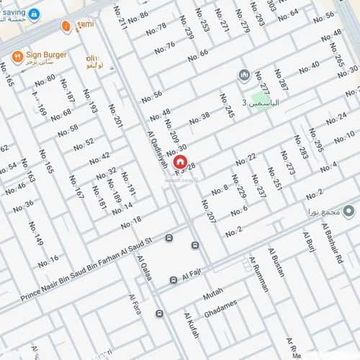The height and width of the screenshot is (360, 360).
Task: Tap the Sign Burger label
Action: tap(45, 54)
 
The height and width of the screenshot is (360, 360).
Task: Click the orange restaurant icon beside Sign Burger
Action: tap(17, 55)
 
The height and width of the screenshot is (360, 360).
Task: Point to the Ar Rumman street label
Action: tap(259, 274)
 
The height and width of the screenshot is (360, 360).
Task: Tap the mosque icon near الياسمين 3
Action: tap(243, 76)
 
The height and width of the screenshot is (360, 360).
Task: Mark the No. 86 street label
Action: tap(137, 16)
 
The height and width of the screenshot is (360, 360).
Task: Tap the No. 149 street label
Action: tap(36, 235)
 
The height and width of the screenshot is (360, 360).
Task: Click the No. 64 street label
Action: tap(288, 14)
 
